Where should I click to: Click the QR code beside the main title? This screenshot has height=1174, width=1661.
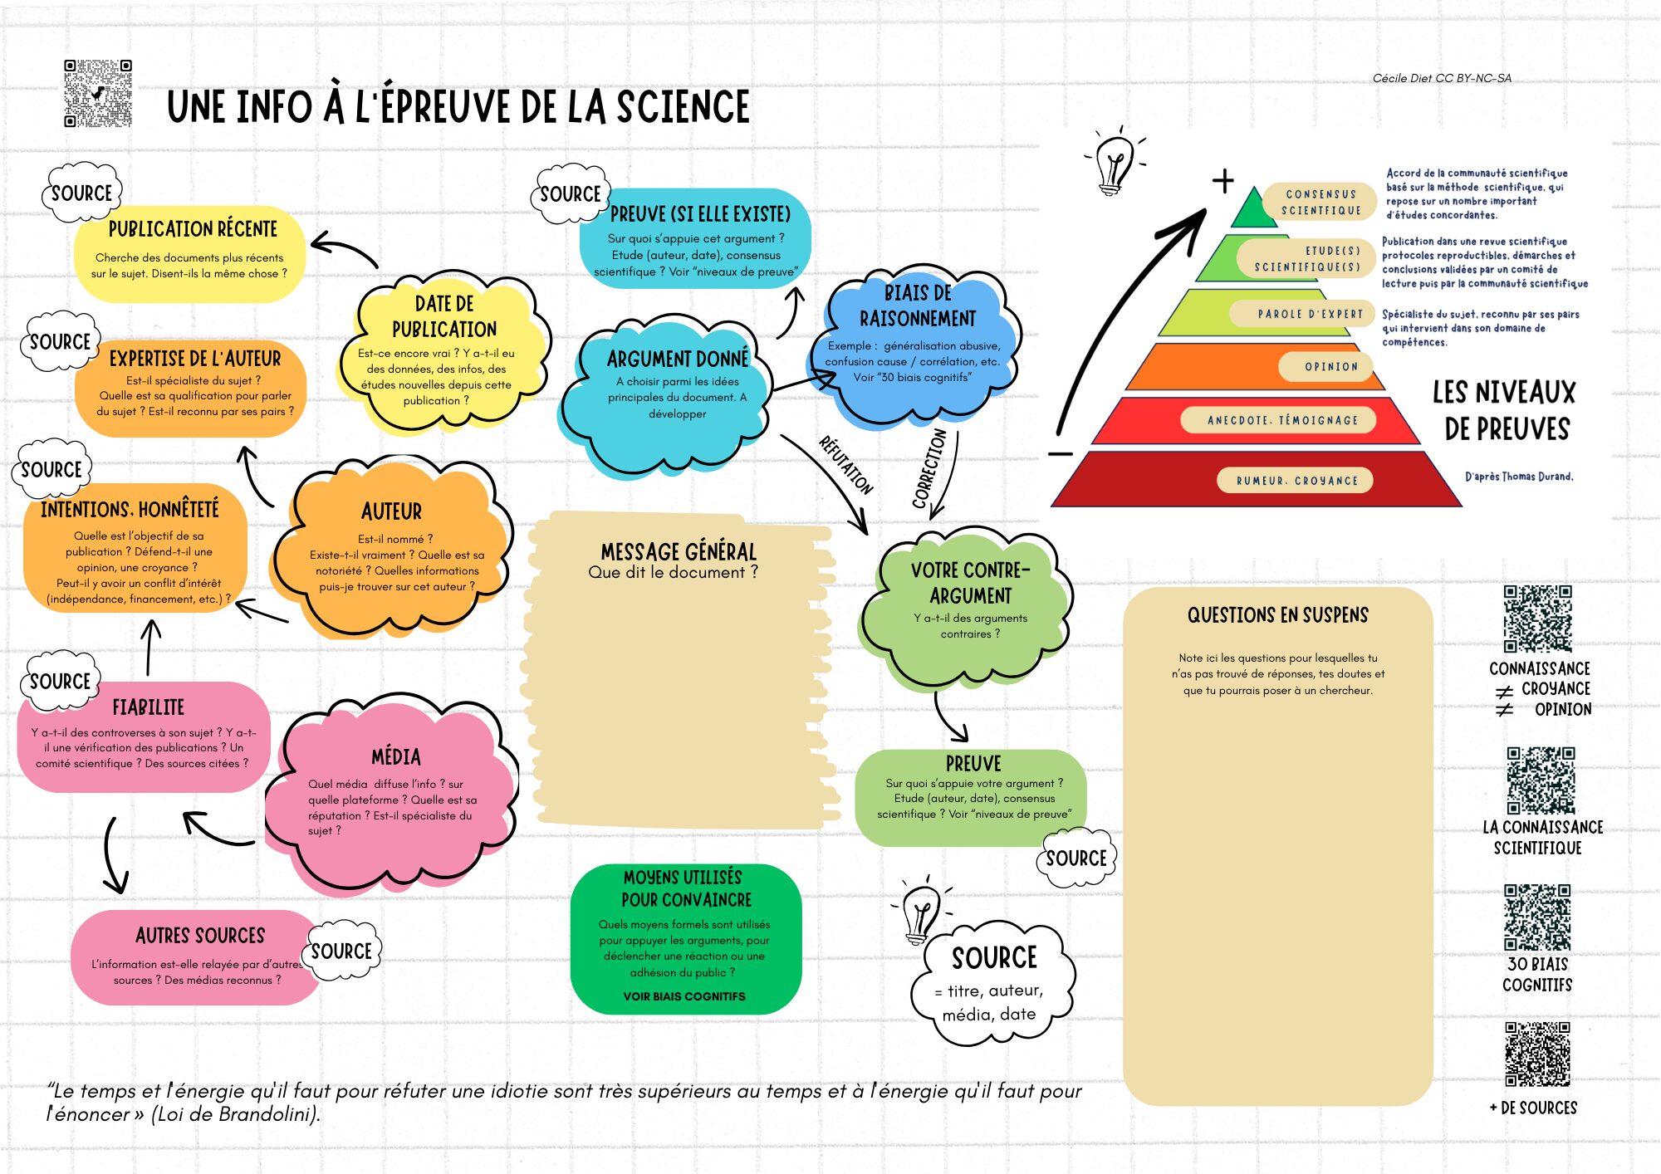98,93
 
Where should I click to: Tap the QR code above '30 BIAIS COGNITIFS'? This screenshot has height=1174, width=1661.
1537,917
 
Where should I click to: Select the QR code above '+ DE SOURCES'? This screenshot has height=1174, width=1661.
1537,1054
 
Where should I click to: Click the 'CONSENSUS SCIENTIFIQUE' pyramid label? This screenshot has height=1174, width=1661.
1320,202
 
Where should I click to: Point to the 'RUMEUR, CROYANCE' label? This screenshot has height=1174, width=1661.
1296,481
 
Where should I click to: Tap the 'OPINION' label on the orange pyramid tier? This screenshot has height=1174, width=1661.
1330,366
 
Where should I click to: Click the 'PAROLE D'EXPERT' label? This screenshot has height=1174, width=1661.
1310,314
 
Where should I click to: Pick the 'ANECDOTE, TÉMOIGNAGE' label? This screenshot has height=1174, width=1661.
1282,420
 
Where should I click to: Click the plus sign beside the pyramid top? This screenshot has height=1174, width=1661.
1222,181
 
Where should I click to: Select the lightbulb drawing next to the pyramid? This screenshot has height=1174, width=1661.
1114,162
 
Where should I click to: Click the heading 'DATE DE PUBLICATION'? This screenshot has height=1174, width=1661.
444,316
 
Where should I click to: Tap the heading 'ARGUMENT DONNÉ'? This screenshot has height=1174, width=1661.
678,359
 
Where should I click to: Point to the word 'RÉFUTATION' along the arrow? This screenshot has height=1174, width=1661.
845,465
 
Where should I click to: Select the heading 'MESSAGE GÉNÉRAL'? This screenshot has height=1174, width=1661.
679,552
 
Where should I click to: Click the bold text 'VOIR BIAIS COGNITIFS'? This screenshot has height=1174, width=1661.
684,996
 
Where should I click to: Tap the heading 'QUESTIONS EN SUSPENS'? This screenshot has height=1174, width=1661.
1277,615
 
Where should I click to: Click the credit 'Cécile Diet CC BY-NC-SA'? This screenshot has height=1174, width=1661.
1442,78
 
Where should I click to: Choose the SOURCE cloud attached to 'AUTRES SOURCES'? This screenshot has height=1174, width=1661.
341,951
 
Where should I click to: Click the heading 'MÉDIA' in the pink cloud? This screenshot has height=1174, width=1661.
396,756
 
